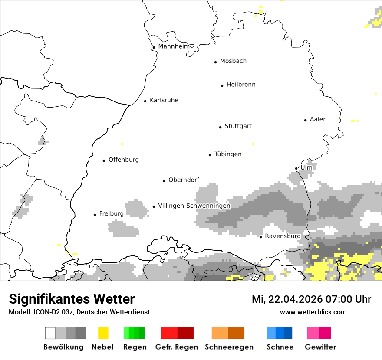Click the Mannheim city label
(174, 46)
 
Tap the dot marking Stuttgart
(220, 127)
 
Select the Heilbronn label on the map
(241, 85)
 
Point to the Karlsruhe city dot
(145, 101)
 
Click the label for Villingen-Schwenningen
(194, 206)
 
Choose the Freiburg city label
(111, 214)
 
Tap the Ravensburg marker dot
(260, 237)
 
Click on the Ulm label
(306, 167)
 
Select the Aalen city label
(318, 119)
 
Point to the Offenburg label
(124, 160)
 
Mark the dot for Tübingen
(210, 155)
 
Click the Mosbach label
(233, 61)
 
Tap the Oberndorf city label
(184, 180)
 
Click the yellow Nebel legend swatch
(103, 333)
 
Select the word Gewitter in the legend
(320, 347)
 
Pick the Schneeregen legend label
(229, 347)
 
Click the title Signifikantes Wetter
(72, 299)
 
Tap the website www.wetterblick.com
(313, 312)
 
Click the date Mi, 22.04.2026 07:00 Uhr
(311, 299)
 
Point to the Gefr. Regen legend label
(176, 347)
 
